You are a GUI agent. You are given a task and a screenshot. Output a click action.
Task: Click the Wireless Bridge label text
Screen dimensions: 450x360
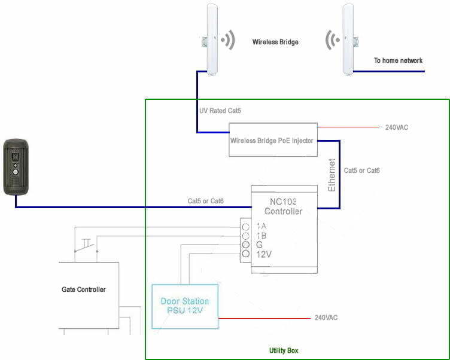click(x=275, y=42)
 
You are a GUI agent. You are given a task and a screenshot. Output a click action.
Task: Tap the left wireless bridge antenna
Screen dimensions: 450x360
click(x=212, y=39)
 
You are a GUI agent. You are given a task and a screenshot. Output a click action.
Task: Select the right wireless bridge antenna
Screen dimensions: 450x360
click(x=348, y=39)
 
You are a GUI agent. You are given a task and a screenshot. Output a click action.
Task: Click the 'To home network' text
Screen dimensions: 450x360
click(x=398, y=60)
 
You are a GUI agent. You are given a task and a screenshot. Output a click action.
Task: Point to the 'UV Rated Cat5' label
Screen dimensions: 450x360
click(x=220, y=111)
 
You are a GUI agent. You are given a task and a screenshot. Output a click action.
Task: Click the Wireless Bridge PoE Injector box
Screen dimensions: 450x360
click(x=273, y=140)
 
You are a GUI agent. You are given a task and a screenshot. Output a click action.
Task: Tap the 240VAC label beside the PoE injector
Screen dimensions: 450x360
click(x=397, y=127)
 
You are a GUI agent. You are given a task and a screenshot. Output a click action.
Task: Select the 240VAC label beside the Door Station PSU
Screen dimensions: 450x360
click(x=326, y=318)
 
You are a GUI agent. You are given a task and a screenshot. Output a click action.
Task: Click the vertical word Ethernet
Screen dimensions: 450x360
click(x=332, y=175)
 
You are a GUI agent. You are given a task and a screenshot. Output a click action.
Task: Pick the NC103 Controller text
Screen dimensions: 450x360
click(x=283, y=206)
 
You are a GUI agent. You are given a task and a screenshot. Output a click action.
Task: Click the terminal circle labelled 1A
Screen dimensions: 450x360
click(x=246, y=227)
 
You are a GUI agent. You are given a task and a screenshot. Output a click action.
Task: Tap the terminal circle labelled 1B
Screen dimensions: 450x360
click(x=246, y=236)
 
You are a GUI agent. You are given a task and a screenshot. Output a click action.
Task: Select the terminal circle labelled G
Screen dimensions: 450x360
click(x=246, y=245)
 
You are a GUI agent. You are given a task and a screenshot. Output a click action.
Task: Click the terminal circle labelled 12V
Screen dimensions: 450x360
click(x=246, y=254)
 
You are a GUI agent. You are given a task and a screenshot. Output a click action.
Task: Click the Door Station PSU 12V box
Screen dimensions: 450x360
click(x=185, y=306)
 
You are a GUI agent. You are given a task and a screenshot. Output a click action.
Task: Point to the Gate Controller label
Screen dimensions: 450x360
click(x=84, y=289)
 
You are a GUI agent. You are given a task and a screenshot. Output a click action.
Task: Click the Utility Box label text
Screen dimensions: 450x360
click(x=284, y=350)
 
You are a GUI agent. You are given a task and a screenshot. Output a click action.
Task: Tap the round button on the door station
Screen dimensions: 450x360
click(x=15, y=172)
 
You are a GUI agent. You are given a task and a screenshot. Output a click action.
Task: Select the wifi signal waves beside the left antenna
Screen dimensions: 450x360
click(x=229, y=40)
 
